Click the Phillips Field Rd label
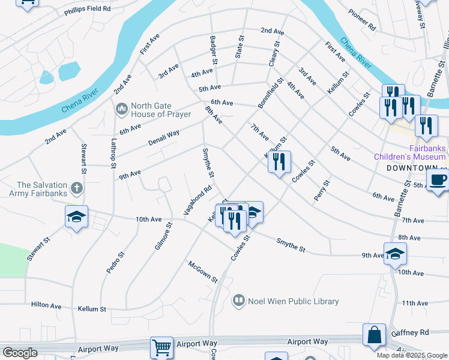point(88,9)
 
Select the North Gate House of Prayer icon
point(122,109)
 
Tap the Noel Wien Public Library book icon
point(239,301)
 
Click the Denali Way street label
point(164,137)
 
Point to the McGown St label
point(202,271)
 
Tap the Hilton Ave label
point(46,305)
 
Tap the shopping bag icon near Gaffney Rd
point(374,335)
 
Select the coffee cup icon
point(438,179)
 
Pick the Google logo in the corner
point(20,353)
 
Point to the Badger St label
point(213,50)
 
